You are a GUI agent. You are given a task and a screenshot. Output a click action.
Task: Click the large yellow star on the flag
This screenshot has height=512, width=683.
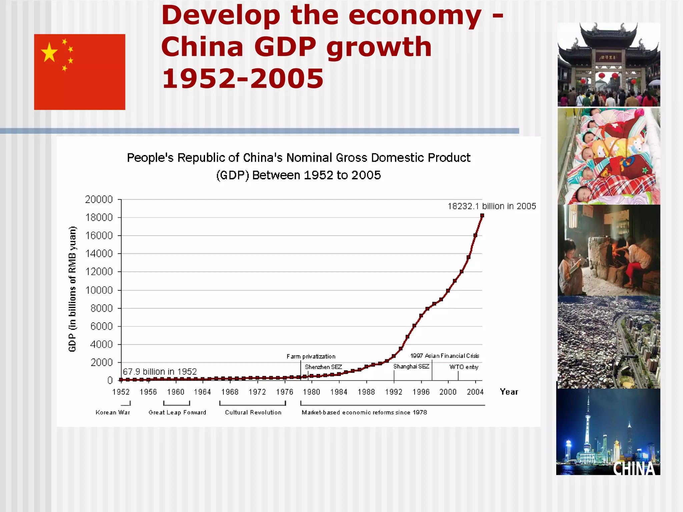coord(49,52)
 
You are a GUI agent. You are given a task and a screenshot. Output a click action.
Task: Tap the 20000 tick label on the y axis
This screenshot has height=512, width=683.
coord(99,199)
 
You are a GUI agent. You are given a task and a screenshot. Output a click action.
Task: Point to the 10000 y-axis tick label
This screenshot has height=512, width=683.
coord(99,290)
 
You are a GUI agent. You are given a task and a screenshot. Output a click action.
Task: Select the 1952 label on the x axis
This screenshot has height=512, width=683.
coord(121,392)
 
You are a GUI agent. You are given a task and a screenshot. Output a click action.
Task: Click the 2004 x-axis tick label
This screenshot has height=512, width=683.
coord(475,392)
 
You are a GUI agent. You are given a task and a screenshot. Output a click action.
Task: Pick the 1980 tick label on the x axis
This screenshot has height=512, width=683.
coord(311,392)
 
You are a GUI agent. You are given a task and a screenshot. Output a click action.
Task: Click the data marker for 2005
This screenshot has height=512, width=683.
coord(482,216)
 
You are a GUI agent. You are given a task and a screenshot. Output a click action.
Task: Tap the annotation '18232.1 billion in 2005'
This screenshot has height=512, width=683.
coord(492,206)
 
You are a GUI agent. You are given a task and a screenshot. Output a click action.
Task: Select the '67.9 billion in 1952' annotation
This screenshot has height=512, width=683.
coord(160,372)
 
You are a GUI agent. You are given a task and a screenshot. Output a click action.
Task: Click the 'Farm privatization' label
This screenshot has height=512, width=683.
coord(311,357)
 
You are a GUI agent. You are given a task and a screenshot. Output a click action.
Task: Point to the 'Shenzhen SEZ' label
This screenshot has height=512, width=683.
coord(323,367)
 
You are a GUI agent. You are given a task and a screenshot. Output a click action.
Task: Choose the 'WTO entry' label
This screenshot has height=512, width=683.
coord(464,367)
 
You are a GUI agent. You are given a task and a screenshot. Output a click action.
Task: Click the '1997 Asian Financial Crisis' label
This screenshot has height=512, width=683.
coord(445,356)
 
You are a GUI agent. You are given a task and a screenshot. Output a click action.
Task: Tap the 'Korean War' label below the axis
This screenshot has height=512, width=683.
coord(113,413)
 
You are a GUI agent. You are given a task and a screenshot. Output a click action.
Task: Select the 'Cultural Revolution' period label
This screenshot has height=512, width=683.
coord(253,413)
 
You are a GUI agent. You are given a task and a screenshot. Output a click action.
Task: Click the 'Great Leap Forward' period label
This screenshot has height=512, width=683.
coord(177,413)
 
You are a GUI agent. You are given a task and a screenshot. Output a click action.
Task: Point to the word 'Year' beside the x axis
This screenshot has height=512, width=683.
coord(509,392)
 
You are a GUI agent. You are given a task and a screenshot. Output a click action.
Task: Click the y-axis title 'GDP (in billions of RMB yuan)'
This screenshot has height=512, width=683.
coord(72,289)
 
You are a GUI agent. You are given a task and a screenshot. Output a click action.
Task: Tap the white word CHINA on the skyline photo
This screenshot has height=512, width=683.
coord(634,469)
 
